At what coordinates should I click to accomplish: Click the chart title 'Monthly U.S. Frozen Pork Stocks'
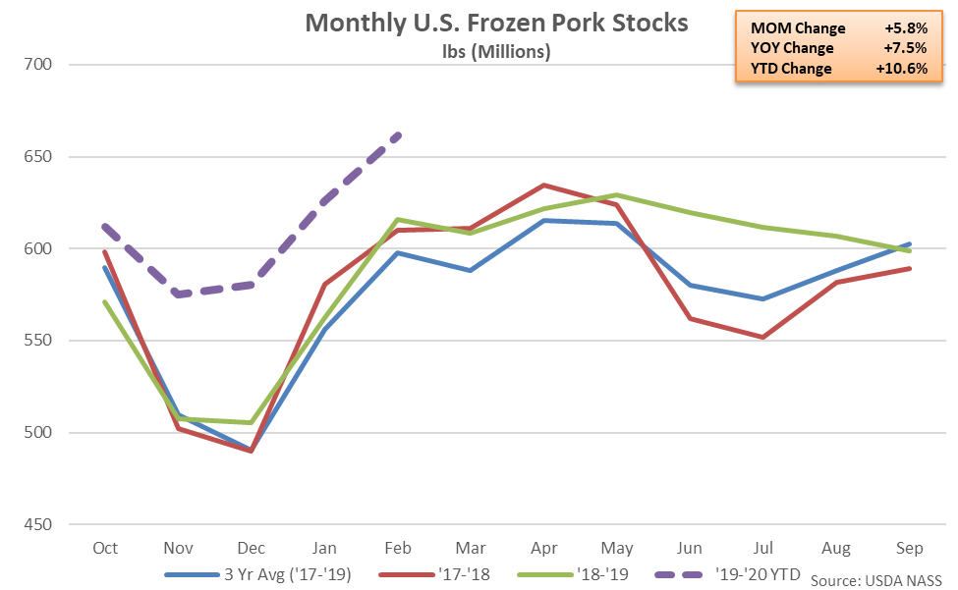click(496, 24)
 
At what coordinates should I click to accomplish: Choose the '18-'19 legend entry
click(598, 571)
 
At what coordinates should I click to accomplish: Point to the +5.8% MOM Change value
click(907, 27)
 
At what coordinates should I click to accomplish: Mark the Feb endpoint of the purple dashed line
click(397, 135)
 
